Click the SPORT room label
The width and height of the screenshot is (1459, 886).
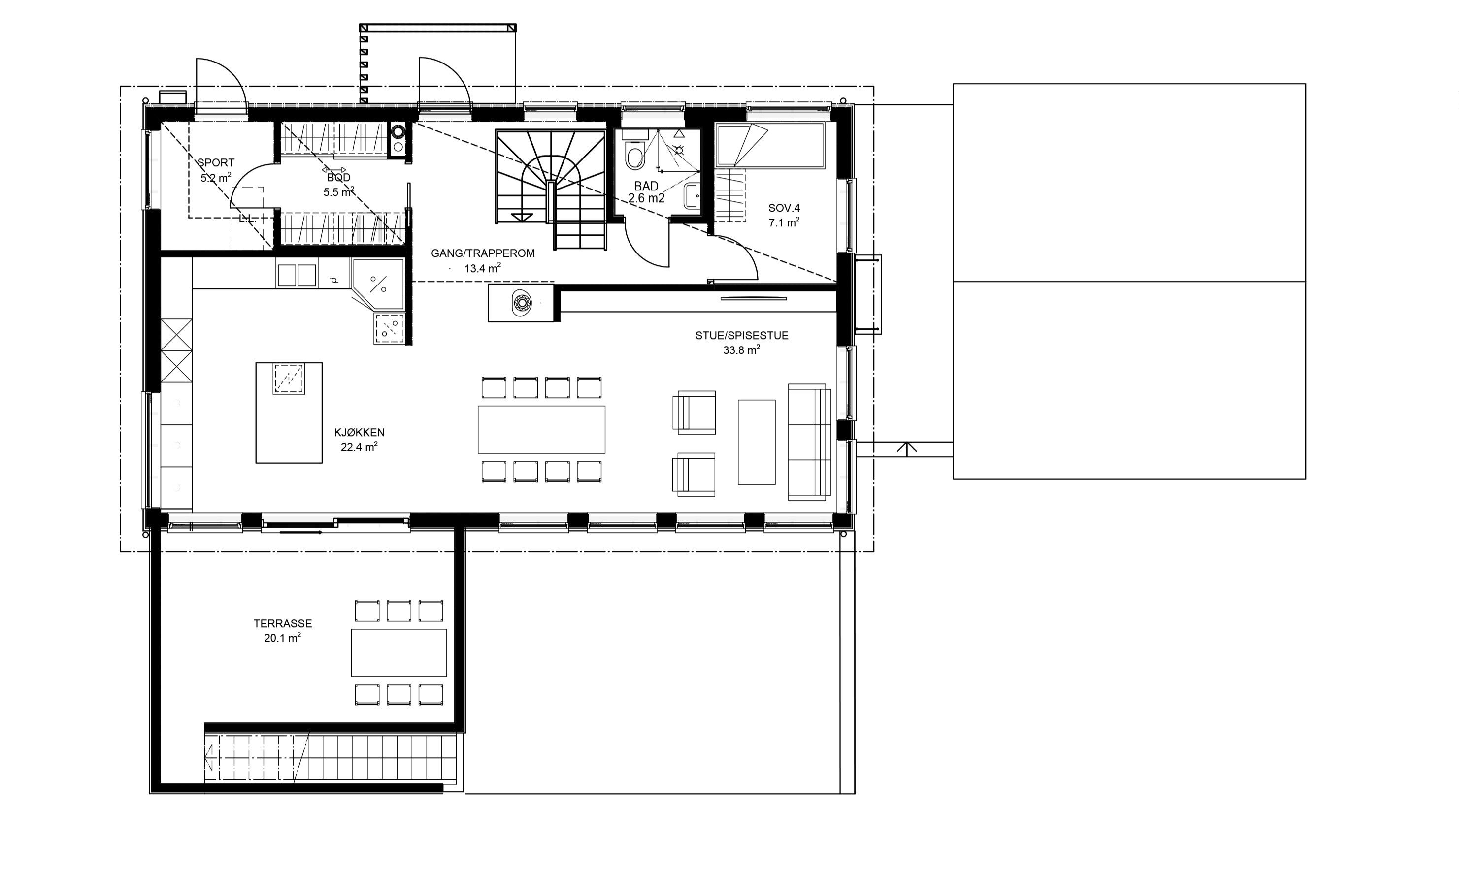pos(216,163)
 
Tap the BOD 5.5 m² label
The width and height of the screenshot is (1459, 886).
pos(339,185)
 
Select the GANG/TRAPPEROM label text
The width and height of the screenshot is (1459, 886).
pos(483,253)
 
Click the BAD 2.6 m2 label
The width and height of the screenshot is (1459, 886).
pos(646,192)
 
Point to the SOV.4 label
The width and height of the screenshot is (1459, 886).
pos(784,208)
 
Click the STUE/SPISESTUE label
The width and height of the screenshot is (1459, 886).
pos(741,336)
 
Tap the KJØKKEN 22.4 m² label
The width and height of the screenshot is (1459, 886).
pos(359,440)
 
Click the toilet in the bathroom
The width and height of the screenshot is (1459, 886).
pos(635,156)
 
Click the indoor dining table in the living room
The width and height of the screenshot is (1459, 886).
pos(541,429)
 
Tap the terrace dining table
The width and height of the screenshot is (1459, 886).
pos(398,652)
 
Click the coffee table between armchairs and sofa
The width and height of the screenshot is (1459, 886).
pos(756,442)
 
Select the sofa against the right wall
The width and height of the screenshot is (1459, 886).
pos(809,442)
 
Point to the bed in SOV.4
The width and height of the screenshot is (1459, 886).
pos(770,146)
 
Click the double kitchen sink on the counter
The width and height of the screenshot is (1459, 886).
pos(297,275)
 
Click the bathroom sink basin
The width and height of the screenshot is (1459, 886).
pos(692,196)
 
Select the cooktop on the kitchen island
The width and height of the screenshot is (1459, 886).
pos(288,379)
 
